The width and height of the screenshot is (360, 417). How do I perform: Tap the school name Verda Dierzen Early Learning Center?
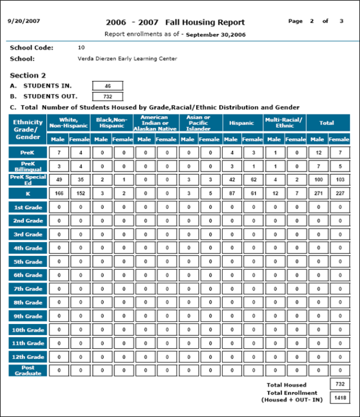tap(127, 59)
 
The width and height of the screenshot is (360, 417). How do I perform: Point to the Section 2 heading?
tap(28, 75)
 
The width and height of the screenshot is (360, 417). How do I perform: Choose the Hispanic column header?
tap(241, 123)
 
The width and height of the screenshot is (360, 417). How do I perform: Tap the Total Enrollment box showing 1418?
tap(339, 397)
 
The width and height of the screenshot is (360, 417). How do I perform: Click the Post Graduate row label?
tap(28, 370)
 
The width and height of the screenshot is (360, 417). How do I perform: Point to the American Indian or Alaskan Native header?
tap(154, 123)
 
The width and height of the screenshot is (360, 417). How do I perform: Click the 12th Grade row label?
tap(28, 357)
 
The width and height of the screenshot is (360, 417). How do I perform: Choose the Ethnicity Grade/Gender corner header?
tap(28, 130)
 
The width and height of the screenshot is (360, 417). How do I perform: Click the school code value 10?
tap(81, 47)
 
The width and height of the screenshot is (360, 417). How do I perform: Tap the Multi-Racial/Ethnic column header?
tap(284, 123)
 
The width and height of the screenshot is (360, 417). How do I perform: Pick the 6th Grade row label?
tap(28, 275)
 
